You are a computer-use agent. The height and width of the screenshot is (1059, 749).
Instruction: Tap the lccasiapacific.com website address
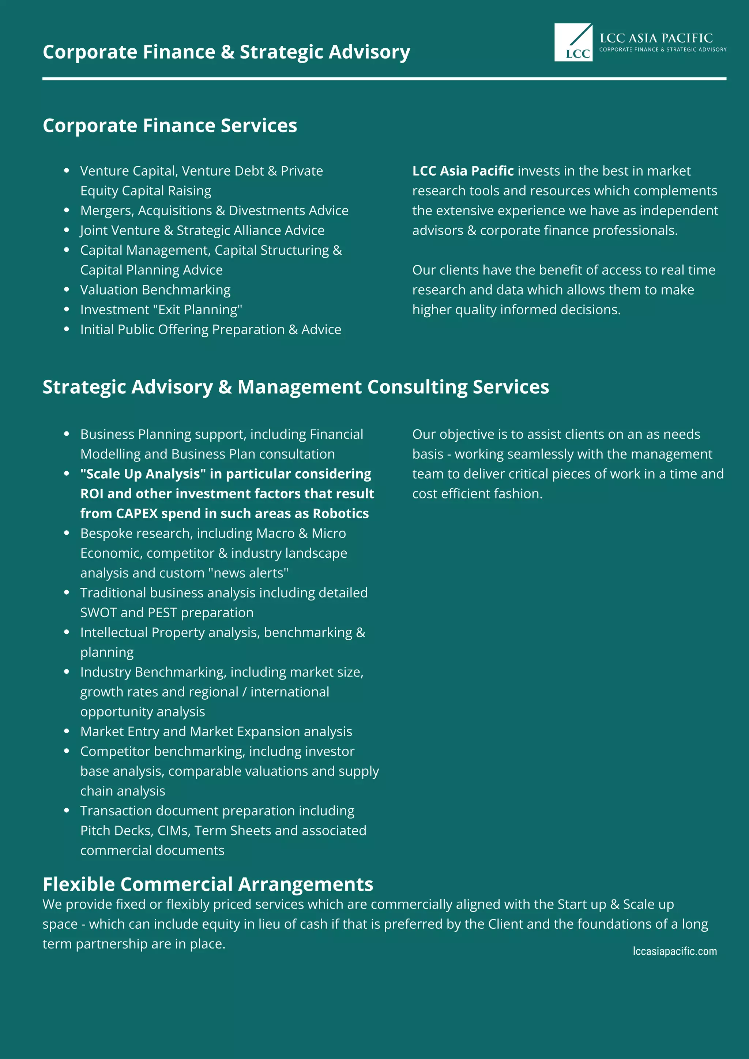(674, 951)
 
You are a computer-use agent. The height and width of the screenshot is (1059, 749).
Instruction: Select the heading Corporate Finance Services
(170, 126)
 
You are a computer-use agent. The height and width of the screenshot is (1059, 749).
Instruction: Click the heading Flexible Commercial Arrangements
(207, 884)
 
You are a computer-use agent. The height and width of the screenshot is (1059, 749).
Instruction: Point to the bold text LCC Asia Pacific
(463, 171)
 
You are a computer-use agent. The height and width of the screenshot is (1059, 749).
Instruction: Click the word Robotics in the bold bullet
(340, 513)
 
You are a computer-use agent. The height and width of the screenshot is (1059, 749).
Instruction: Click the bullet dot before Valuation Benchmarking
(67, 289)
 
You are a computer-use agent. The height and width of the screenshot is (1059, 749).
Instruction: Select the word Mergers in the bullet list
(107, 210)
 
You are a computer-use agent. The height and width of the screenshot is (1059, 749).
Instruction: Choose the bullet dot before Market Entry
(67, 731)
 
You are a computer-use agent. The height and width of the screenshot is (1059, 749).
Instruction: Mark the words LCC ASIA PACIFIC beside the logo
(656, 38)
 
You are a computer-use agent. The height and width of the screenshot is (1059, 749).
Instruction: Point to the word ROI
(91, 493)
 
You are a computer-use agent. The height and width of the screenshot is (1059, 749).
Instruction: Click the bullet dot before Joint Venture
(67, 230)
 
